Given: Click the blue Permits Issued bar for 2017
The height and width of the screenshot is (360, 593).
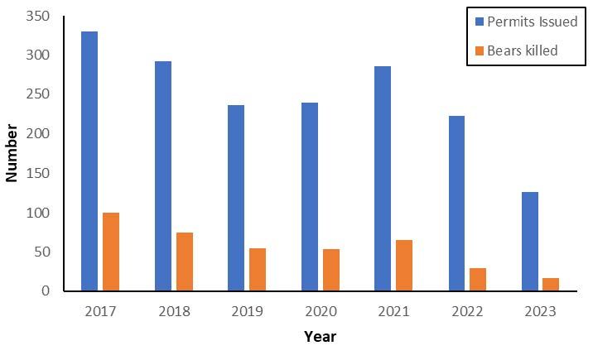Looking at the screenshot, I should (x=89, y=161).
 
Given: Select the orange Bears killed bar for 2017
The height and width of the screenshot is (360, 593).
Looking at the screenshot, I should (x=111, y=252).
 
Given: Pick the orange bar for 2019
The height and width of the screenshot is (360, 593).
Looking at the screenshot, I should (x=258, y=269).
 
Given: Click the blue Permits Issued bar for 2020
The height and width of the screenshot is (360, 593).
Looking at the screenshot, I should (x=310, y=197).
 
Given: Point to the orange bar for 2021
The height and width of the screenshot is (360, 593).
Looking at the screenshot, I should (x=405, y=265).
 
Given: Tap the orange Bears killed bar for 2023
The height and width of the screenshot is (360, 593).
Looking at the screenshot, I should (x=551, y=284).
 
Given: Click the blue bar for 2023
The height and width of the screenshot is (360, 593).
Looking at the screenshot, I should (x=529, y=241).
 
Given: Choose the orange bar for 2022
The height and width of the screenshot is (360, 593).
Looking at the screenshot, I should (x=478, y=279).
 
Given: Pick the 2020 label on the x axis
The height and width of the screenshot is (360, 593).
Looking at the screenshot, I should (x=321, y=311).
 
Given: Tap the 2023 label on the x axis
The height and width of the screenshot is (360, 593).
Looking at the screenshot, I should (x=540, y=311).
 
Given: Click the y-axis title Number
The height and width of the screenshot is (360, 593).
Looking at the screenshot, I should (x=12, y=153).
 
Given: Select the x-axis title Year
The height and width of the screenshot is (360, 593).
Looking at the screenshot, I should (x=320, y=337).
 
